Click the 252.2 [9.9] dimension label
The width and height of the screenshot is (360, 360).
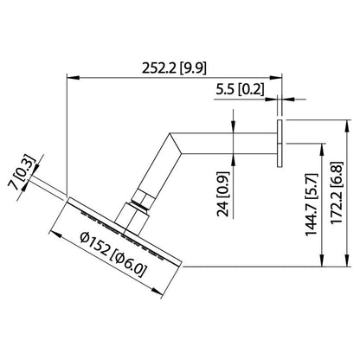click(174, 68)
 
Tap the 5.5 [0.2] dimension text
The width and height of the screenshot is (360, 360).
click(240, 89)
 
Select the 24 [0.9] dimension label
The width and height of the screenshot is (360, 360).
click(223, 194)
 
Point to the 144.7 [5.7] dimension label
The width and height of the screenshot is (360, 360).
click(312, 204)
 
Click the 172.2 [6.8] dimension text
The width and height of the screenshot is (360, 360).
click(337, 193)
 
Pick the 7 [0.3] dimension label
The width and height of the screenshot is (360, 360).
click(22, 173)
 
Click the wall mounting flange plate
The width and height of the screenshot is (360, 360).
click(280, 143)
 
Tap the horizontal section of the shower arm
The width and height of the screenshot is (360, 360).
click(228, 143)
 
